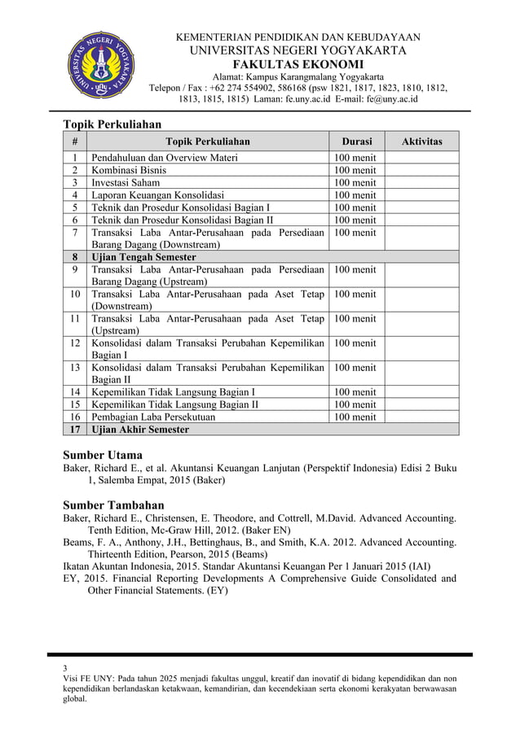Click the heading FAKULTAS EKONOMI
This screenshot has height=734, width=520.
[x=298, y=65]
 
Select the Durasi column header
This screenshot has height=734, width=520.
[x=357, y=142]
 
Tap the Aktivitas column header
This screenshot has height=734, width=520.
[x=422, y=142]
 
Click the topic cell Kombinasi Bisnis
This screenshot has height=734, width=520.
[x=130, y=170]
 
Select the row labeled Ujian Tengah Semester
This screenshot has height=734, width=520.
[x=143, y=257]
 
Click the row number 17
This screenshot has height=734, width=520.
[x=75, y=430]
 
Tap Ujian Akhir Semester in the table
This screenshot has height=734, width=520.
[x=140, y=430]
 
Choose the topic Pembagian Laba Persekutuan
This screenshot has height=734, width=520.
[x=153, y=417]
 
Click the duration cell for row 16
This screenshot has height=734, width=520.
[x=355, y=417]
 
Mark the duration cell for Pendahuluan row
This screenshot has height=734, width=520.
[x=355, y=158]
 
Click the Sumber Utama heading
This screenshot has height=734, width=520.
[x=103, y=455]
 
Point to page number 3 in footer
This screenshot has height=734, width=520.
[x=66, y=671]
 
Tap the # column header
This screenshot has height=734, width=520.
[x=75, y=142]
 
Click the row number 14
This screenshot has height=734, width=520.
[x=75, y=392]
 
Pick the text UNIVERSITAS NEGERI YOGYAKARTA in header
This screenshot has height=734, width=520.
[x=298, y=50]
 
